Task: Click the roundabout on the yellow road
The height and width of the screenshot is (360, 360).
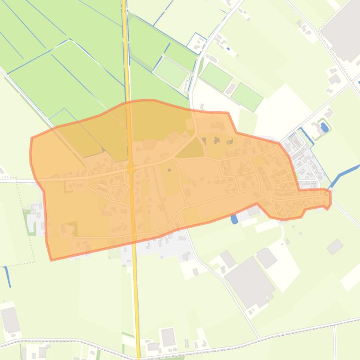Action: coord(131,169)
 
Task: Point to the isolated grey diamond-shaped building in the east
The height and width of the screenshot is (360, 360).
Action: coord(335,246)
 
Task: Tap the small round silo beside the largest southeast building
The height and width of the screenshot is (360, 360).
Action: coord(271,296)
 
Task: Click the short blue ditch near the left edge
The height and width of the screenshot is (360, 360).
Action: coord(8,276)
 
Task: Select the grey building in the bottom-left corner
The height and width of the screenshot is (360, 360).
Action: coord(10,320)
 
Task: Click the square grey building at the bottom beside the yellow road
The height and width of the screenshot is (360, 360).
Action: coord(168,337)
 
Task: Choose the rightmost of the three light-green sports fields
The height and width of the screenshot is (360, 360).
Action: coord(246,97)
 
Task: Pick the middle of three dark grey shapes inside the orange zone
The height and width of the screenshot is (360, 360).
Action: coord(217,140)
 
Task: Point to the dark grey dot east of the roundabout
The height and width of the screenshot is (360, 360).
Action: coord(169,170)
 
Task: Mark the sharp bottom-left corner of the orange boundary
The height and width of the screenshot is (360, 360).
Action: coord(51,259)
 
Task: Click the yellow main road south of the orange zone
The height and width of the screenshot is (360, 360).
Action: coord(136,299)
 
